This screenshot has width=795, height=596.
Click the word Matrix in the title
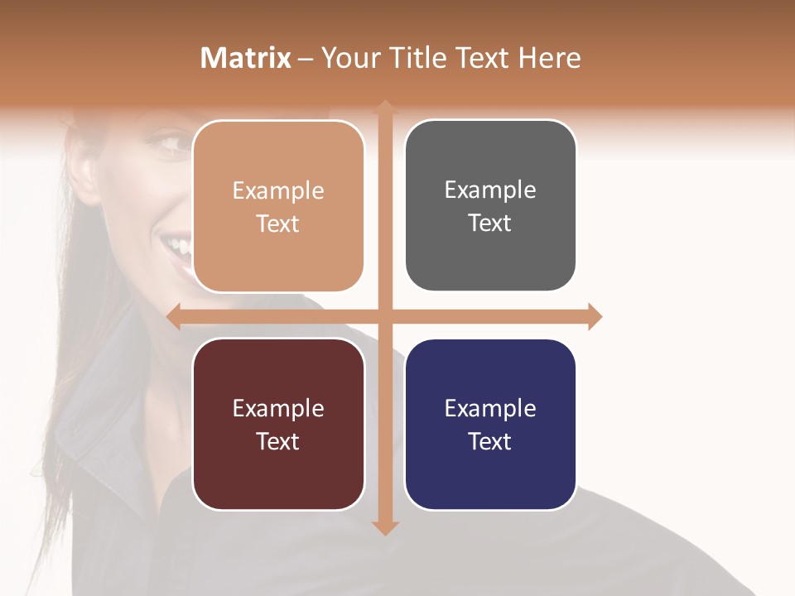246,58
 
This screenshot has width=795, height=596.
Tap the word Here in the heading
550,58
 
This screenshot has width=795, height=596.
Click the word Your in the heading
349,58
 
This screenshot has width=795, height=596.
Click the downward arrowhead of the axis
385,527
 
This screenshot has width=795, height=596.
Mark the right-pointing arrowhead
595,316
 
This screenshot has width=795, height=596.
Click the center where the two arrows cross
385,316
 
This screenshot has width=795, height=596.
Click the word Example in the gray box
490,190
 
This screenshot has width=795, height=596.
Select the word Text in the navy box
490,441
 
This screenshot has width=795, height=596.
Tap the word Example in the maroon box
278,408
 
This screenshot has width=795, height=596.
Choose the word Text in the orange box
278,223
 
